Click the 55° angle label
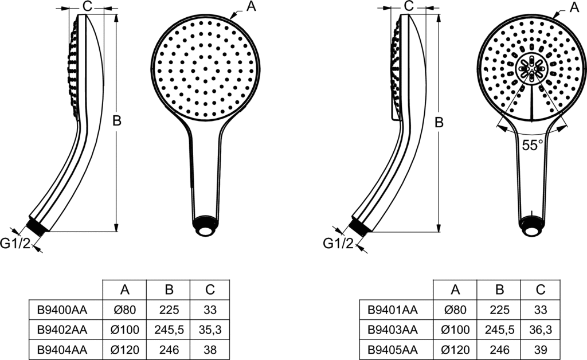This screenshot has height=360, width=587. [x=532, y=145]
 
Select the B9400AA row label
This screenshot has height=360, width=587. [x=62, y=311]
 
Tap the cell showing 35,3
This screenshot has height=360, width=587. [x=209, y=330]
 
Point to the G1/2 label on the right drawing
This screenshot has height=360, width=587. [x=338, y=243]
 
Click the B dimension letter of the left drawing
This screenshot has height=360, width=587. [x=116, y=122]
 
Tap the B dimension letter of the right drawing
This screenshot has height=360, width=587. [x=439, y=122]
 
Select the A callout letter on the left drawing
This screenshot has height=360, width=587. [x=251, y=6]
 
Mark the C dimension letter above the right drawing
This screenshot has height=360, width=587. [x=409, y=6]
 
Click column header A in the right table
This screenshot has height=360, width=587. [x=455, y=290]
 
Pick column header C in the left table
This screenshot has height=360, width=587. [x=209, y=290]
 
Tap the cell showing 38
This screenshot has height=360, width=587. [x=209, y=349]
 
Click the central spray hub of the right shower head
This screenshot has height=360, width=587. [x=532, y=68]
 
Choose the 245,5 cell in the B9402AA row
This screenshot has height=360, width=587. [x=167, y=330]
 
